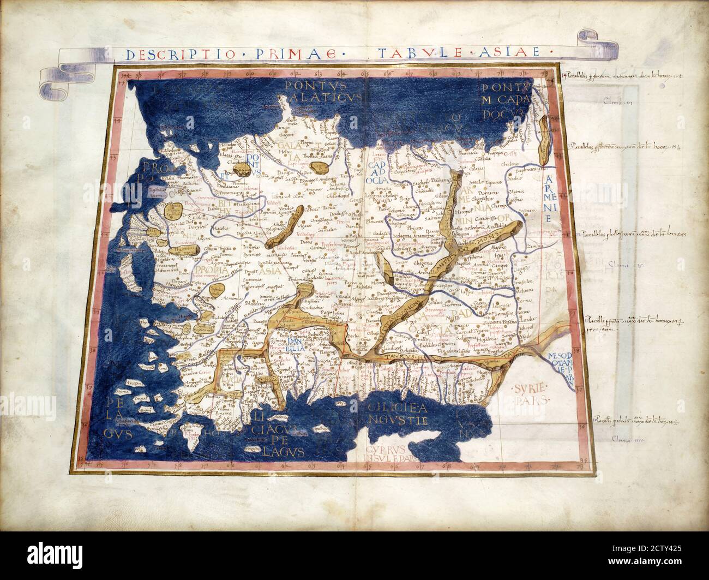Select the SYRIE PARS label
531,394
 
